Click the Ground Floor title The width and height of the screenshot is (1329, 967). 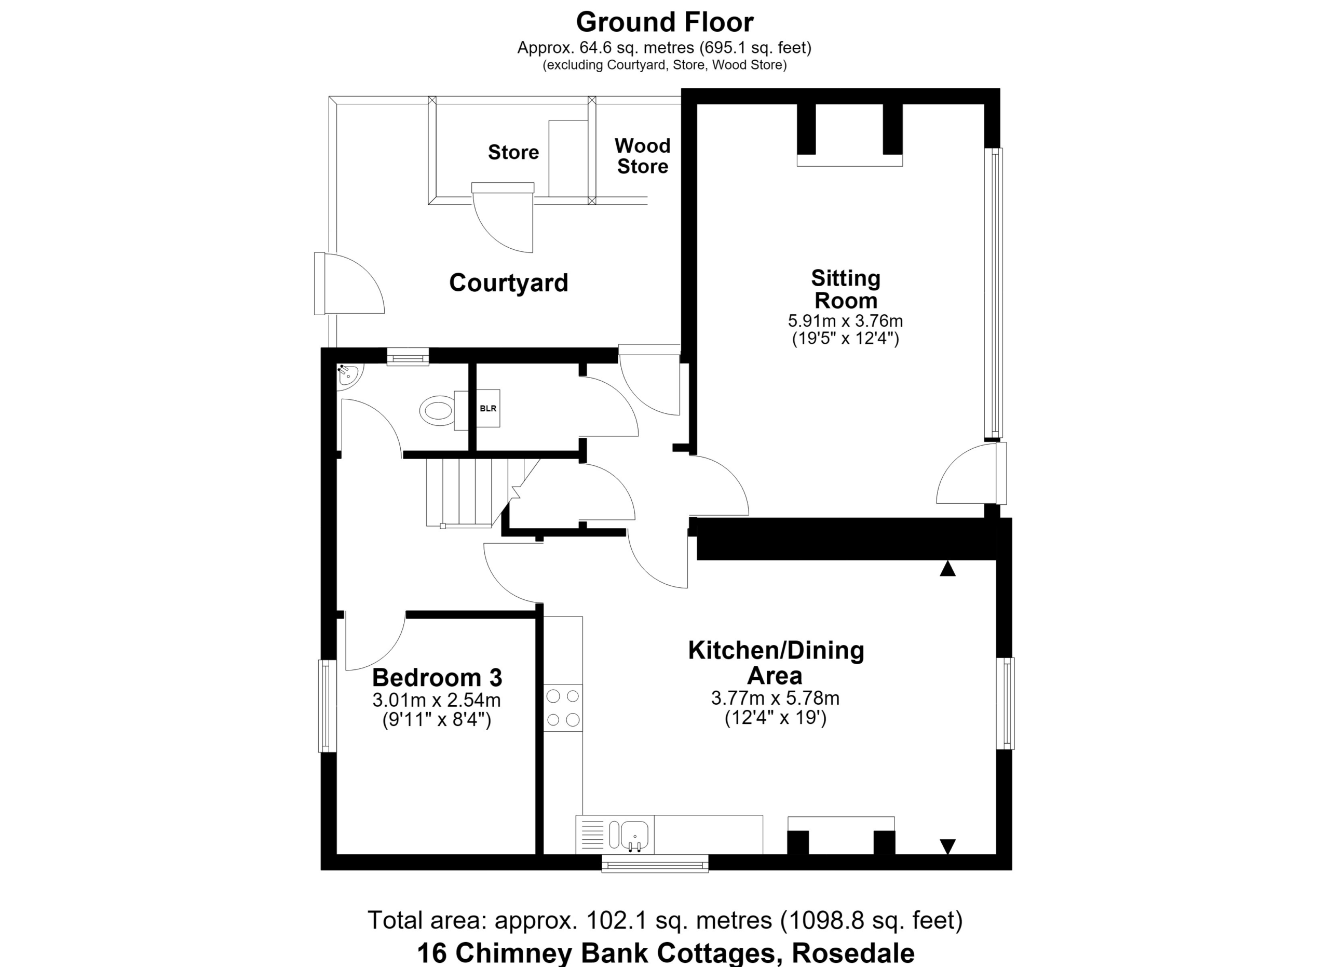pos(664,22)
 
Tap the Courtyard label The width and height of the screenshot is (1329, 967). pos(509,283)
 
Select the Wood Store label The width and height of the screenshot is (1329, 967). pos(642,156)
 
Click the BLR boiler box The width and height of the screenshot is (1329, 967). pos(487,408)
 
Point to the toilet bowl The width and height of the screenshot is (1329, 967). pos(437,410)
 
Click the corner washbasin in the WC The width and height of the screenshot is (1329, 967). pos(350,374)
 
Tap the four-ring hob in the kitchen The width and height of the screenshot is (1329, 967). pos(563,707)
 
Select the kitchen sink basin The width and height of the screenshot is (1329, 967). pos(634,835)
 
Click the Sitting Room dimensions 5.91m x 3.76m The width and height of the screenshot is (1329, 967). pos(845,321)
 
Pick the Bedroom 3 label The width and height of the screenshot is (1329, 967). pos(437,678)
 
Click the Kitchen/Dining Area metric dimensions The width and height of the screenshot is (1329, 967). pos(775,698)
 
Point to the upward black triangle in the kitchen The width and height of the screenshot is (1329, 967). pos(947,569)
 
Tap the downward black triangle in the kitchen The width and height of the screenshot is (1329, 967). pos(947,847)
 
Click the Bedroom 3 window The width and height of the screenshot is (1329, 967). pos(328,706)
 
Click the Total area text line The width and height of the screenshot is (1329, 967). pos(664,920)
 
